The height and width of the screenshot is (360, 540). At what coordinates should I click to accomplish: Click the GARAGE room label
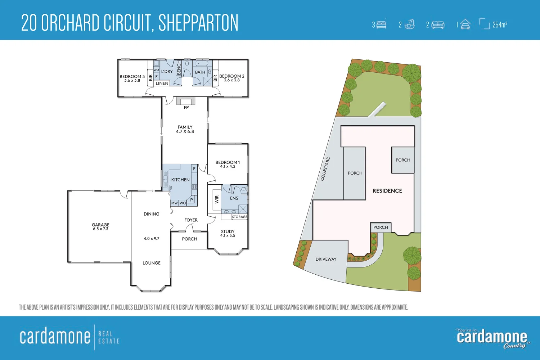(x=100, y=225)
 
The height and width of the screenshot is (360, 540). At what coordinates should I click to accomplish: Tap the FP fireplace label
(x=186, y=108)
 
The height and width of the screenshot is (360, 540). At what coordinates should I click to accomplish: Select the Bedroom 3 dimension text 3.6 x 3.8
(x=132, y=81)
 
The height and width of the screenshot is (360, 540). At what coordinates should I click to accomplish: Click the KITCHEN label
(x=180, y=180)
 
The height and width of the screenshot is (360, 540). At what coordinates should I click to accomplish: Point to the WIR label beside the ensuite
(x=217, y=199)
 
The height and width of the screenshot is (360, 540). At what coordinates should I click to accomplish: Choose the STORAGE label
(x=239, y=217)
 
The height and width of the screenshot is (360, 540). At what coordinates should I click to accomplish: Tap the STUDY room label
(x=228, y=231)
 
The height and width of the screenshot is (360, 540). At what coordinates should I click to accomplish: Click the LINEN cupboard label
(x=162, y=83)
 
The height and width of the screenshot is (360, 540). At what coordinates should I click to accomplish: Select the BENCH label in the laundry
(x=179, y=68)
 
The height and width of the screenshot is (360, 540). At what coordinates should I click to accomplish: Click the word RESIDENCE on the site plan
(x=387, y=191)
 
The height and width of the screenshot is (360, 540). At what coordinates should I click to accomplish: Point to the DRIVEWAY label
(x=326, y=259)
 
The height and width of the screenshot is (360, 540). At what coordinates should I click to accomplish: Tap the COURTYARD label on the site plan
(x=325, y=168)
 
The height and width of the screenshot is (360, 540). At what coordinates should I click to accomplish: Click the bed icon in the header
(x=381, y=24)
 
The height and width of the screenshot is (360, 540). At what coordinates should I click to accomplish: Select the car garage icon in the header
(x=465, y=24)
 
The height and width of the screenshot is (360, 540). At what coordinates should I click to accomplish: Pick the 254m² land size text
(x=500, y=24)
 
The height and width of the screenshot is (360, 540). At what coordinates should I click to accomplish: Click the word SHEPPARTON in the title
(x=198, y=23)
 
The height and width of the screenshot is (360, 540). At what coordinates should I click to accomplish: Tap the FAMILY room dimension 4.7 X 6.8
(x=185, y=132)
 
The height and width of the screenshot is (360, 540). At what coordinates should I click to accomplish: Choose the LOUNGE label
(x=152, y=263)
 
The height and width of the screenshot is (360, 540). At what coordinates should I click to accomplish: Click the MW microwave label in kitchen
(x=175, y=203)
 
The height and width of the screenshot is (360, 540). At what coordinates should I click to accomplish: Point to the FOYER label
(x=191, y=220)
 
